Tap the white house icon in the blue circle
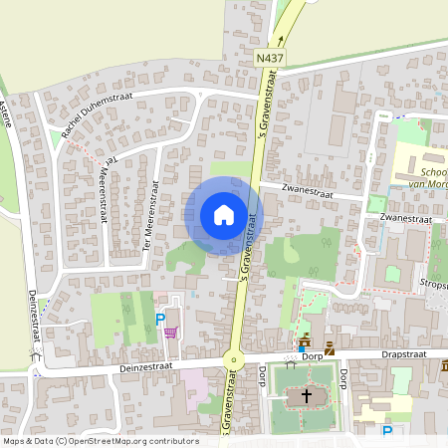223,215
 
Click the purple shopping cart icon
170,333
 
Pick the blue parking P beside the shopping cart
160,320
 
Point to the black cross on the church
307,397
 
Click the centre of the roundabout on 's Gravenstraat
235,358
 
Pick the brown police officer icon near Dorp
330,350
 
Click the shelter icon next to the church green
36,355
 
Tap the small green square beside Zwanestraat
375,203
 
